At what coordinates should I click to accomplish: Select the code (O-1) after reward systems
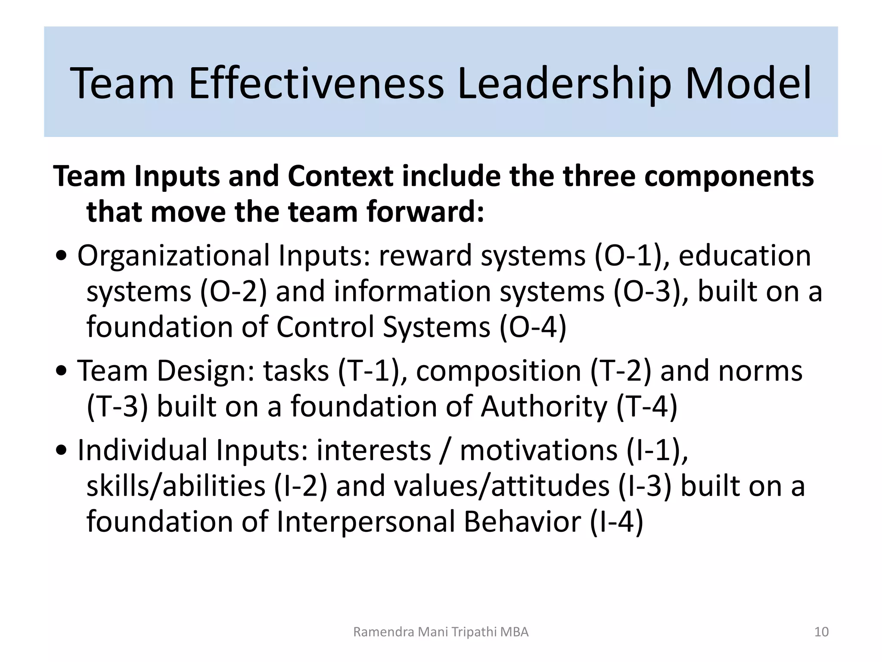pos(631,256)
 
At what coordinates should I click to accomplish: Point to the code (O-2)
pos(233,291)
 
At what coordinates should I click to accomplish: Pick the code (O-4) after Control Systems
pos(533,327)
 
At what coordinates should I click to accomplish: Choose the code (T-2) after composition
pos(621,371)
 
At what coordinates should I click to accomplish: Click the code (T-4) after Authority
pos(646,406)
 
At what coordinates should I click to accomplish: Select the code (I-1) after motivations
pos(656,450)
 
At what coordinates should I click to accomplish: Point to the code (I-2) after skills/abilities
pos(301,486)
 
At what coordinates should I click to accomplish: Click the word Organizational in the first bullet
pos(174,256)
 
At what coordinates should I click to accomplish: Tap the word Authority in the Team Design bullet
pos(544,406)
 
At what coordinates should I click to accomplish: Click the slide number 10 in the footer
pos(822,632)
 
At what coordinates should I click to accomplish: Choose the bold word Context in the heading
pos(341,176)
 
